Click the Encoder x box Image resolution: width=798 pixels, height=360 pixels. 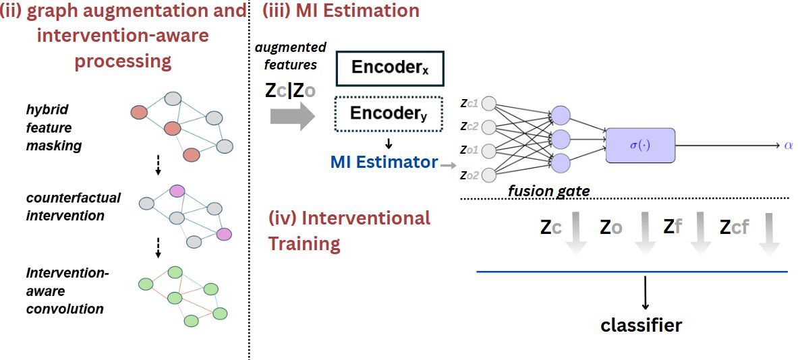click(389, 67)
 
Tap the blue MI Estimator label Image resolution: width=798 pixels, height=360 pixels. click(383, 162)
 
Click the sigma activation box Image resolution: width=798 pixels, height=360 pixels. click(639, 144)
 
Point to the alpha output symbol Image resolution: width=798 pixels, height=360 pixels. click(788, 144)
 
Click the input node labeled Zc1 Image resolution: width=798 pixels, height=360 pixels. click(489, 104)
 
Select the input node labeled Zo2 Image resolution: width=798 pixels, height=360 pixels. click(489, 175)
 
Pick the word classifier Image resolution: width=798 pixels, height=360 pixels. click(641, 326)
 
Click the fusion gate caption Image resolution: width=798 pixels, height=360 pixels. click(548, 191)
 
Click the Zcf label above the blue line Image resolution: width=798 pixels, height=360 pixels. click(733, 227)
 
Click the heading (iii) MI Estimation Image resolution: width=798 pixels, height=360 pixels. click(340, 11)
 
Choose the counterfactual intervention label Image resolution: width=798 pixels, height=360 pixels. click(74, 207)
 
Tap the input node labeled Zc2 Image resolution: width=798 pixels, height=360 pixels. click(489, 127)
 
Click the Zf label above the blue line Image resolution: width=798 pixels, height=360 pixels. click(673, 227)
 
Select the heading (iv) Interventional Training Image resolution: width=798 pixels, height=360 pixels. click(349, 231)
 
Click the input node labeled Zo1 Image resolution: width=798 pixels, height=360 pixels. click(489, 150)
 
